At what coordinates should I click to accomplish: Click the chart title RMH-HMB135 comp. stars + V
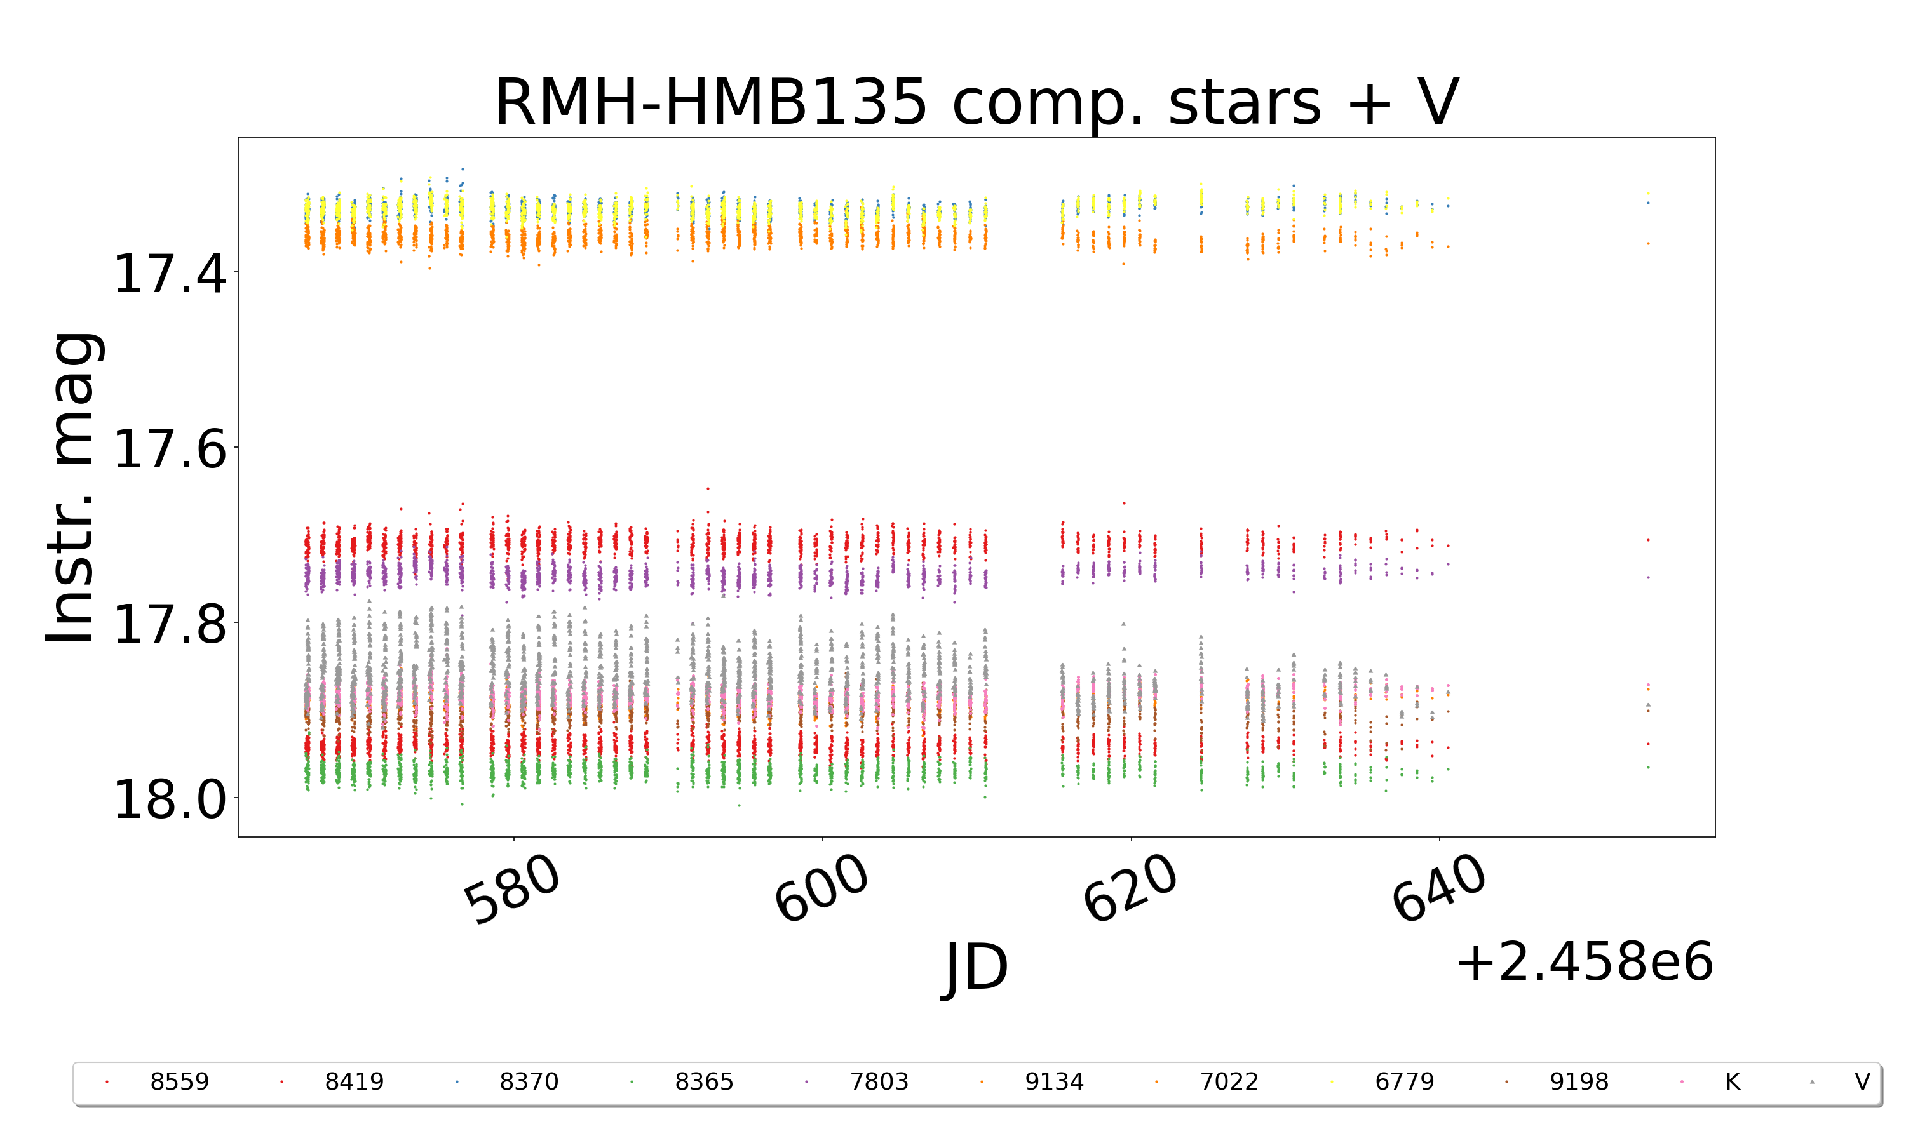pos(976,102)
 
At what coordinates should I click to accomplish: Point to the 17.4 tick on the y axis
pos(170,274)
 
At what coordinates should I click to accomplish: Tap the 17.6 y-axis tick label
pos(170,449)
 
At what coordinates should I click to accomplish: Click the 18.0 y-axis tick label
pos(170,800)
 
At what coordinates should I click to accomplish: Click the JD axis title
pos(976,967)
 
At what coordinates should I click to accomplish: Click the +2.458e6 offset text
pos(1584,963)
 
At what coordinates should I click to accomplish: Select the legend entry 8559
pos(179,1082)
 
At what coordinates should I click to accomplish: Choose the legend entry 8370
pos(529,1082)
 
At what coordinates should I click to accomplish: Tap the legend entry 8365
pos(703,1082)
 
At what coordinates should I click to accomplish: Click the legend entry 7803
pos(878,1082)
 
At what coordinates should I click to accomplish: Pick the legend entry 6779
pos(1403,1082)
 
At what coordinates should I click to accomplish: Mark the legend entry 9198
pos(1579,1082)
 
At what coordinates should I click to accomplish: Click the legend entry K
pos(1732,1082)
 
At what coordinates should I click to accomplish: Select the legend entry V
pos(1862,1082)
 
